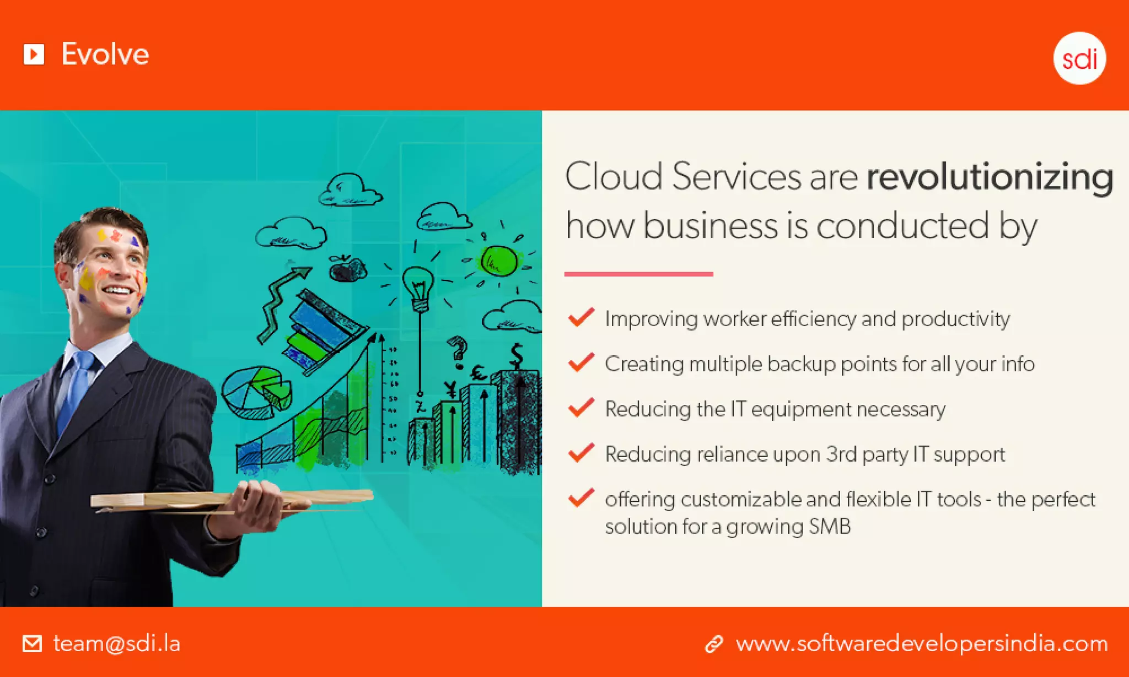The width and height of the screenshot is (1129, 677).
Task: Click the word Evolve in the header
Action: [105, 54]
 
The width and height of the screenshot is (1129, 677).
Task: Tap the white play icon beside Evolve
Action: [34, 54]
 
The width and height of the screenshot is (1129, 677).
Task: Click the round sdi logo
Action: [1079, 58]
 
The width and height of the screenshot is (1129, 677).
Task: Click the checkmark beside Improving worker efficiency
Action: [581, 317]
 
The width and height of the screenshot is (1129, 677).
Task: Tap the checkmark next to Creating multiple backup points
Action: [581, 362]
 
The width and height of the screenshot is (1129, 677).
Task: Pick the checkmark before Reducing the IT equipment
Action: [581, 408]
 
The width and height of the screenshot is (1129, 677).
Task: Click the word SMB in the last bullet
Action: [830, 526]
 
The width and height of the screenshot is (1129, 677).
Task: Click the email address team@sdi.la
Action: [117, 643]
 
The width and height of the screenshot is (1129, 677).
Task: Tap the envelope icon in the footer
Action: [32, 643]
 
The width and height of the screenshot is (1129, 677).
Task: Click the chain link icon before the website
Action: [714, 644]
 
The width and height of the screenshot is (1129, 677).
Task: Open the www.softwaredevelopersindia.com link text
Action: [922, 643]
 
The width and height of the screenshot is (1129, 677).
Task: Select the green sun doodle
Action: [498, 261]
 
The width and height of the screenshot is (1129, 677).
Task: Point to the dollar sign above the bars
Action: [517, 355]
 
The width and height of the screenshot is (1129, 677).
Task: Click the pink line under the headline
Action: [638, 274]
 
